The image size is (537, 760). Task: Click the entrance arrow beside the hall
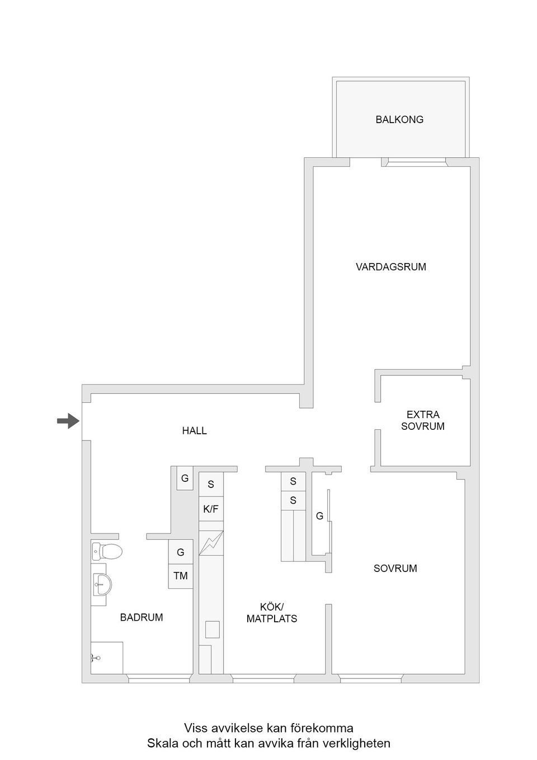[68, 420]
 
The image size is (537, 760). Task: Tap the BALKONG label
[399, 119]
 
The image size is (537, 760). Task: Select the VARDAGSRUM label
[390, 267]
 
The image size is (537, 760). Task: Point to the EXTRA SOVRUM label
[423, 420]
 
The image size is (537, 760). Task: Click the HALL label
[194, 430]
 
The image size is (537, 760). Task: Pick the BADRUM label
[142, 617]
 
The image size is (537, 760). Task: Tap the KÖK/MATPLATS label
[272, 613]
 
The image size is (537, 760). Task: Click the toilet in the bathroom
[107, 551]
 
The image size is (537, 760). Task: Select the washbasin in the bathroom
[101, 584]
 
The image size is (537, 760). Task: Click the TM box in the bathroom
[181, 576]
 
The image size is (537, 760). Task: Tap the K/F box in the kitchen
[211, 509]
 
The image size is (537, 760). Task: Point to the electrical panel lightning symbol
[211, 543]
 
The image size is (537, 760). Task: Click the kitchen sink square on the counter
[212, 630]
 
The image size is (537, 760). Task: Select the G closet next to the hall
[185, 478]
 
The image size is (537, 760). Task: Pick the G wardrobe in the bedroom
[319, 516]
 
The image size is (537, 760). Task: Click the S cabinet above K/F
[211, 485]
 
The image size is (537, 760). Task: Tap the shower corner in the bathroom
[106, 658]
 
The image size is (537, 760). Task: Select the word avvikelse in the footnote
[234, 728]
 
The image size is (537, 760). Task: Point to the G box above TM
[181, 552]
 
